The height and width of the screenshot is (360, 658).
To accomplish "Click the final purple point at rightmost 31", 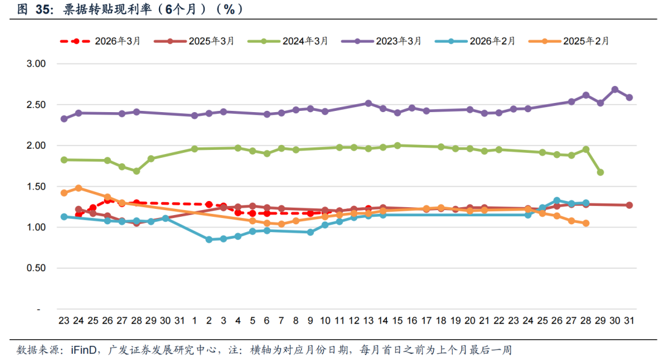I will point(629,97).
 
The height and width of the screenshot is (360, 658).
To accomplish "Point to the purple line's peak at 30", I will point(615,90).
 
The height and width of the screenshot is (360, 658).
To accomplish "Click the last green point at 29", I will point(600,172).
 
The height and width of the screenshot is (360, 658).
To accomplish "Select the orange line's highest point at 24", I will point(79,188).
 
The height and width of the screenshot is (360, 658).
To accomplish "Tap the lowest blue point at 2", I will point(209,239).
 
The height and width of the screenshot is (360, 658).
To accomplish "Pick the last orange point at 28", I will point(585,224).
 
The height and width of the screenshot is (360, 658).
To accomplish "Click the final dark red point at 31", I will point(629,205).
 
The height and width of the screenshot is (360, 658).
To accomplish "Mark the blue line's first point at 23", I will point(64,217).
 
